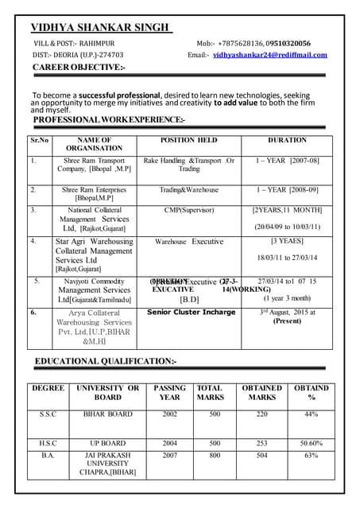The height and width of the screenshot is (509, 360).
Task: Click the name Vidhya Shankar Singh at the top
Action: pyautogui.click(x=100, y=28)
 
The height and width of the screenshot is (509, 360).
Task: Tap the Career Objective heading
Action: pyautogui.click(x=78, y=68)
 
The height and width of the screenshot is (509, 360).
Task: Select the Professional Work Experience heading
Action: pyautogui.click(x=109, y=119)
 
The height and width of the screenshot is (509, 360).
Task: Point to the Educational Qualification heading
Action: pyautogui.click(x=105, y=362)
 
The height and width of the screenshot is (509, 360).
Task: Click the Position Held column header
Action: pyautogui.click(x=188, y=140)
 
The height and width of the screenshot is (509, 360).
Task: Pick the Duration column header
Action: pyautogui.click(x=287, y=140)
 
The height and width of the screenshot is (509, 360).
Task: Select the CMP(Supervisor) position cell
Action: pyautogui.click(x=189, y=211)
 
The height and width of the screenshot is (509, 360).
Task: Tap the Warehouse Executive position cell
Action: pyautogui.click(x=189, y=241)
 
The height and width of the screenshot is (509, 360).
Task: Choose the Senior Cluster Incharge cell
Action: pyautogui.click(x=192, y=313)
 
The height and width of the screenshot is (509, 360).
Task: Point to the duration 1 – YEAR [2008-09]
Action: pyautogui.click(x=287, y=190)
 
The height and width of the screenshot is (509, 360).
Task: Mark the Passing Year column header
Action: pyautogui.click(x=169, y=393)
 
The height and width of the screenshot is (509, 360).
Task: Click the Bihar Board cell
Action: pyautogui.click(x=108, y=414)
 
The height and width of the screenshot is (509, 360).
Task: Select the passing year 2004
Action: pyautogui.click(x=169, y=443)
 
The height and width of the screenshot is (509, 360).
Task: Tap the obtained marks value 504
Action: pyautogui.click(x=262, y=456)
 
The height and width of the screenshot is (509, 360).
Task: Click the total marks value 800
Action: pyautogui.click(x=215, y=456)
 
